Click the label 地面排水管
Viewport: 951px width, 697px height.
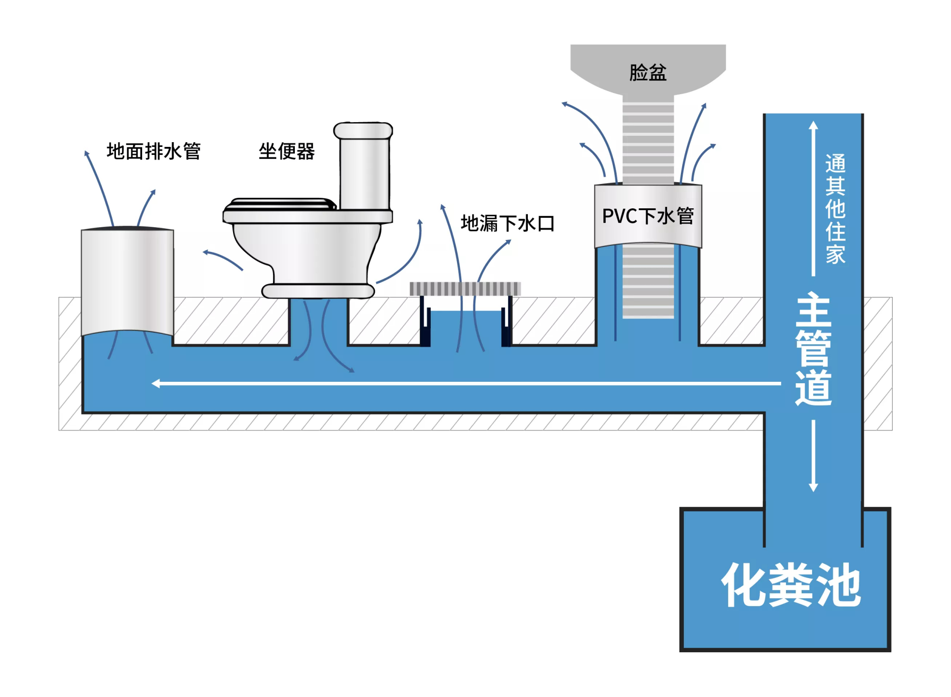[x=153, y=151]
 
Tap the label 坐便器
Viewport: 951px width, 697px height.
[x=286, y=152]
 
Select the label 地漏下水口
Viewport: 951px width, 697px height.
[x=507, y=223]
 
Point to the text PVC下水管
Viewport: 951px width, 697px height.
[x=648, y=216]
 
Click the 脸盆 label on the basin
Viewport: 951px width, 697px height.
[x=648, y=73]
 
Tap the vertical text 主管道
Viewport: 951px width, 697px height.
[x=813, y=349]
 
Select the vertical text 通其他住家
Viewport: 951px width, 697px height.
[x=835, y=209]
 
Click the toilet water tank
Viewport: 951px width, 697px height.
[x=364, y=171]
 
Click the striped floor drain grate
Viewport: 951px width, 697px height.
[x=465, y=288]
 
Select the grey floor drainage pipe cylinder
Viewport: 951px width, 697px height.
[x=127, y=281]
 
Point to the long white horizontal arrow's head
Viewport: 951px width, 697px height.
[x=155, y=383]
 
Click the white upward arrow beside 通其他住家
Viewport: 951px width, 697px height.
[x=813, y=126]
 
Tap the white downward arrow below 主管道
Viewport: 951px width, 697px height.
[x=813, y=487]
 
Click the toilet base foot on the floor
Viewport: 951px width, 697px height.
[x=318, y=291]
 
